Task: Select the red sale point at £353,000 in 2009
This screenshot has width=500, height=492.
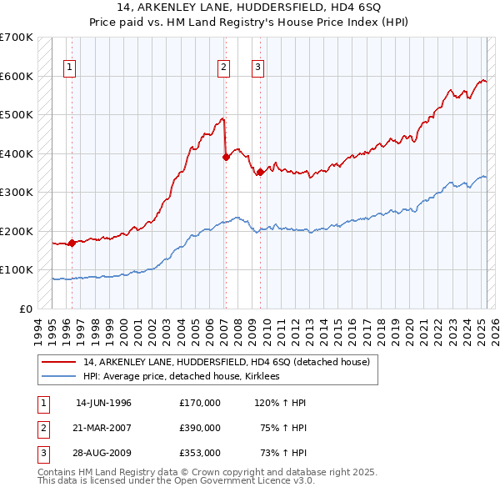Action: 260,172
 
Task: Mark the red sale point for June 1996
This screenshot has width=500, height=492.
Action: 72,243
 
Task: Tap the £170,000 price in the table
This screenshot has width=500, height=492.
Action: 200,403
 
